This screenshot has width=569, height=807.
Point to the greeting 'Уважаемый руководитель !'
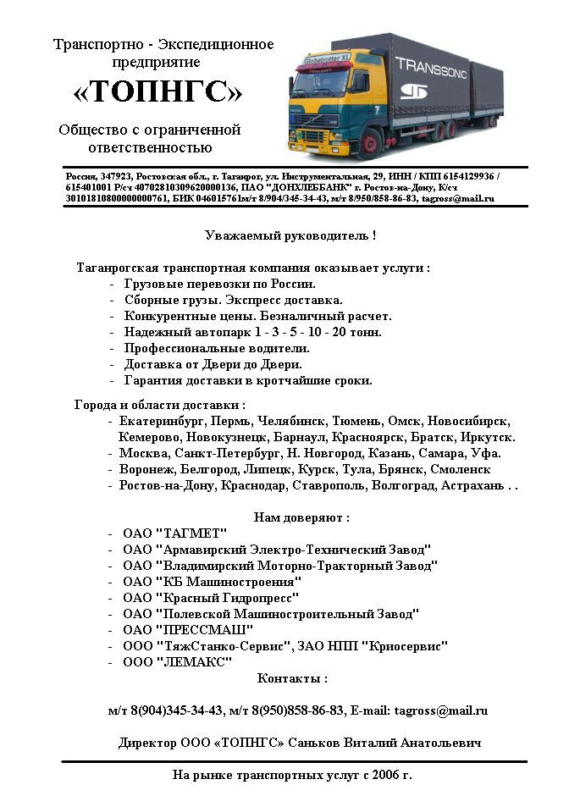290,235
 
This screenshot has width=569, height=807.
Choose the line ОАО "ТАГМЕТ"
174,533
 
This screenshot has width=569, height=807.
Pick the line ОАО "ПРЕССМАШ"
188,629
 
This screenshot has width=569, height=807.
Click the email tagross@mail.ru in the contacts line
443,710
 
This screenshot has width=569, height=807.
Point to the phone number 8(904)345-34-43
174,710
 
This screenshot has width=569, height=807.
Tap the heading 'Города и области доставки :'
160,404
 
